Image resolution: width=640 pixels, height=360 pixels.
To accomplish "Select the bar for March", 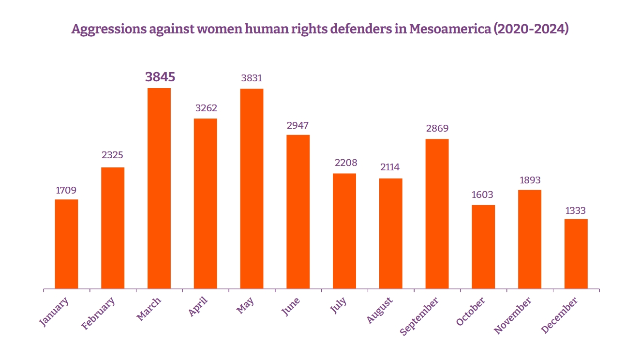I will point(159,189).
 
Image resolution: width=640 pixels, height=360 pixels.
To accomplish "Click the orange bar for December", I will point(576,254).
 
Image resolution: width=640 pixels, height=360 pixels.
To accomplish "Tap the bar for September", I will point(437,214).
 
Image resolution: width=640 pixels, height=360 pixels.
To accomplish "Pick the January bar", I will point(66,244).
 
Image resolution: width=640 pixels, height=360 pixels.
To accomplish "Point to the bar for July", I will point(344,231).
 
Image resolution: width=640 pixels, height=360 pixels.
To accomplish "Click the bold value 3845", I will point(160,77).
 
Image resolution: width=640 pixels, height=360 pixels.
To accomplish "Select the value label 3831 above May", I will point(252,78).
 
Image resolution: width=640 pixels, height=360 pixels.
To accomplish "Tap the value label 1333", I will point(576,210).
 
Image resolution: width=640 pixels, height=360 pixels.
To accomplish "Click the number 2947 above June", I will point(298,125).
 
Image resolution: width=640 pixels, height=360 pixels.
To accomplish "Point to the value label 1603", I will point(483,195).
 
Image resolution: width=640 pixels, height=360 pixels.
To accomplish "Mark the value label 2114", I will point(390,167).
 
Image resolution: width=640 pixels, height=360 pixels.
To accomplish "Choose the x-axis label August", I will point(380,310).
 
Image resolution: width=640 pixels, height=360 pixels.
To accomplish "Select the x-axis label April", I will point(198,306).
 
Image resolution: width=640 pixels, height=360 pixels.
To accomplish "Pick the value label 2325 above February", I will point(112,155).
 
